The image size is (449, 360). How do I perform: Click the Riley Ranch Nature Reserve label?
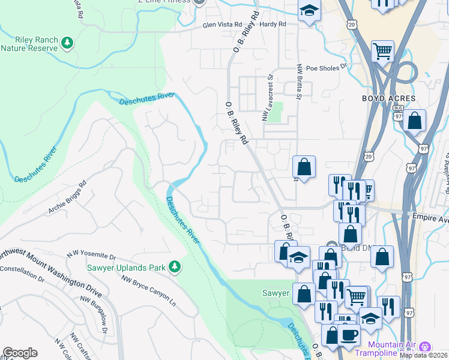29,44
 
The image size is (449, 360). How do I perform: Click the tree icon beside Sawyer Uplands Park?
175,266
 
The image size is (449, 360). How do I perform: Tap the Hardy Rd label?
273,25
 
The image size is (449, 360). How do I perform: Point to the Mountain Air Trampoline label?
393,348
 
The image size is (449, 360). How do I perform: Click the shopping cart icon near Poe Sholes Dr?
382,50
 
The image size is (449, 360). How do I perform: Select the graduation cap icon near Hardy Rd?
310,10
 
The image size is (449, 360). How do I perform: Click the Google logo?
20,353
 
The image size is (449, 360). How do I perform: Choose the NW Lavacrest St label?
267,97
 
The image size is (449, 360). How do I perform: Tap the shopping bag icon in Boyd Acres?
414,120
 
